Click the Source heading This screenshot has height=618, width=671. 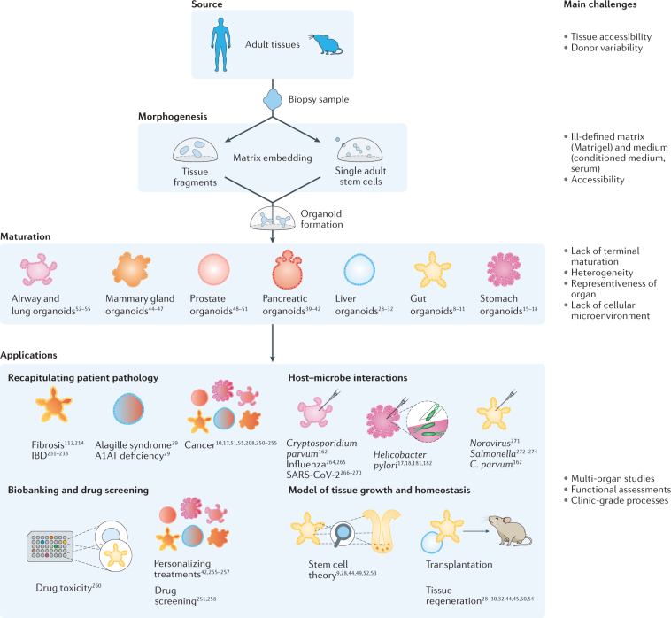[219, 4]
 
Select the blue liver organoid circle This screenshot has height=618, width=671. [365, 269]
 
